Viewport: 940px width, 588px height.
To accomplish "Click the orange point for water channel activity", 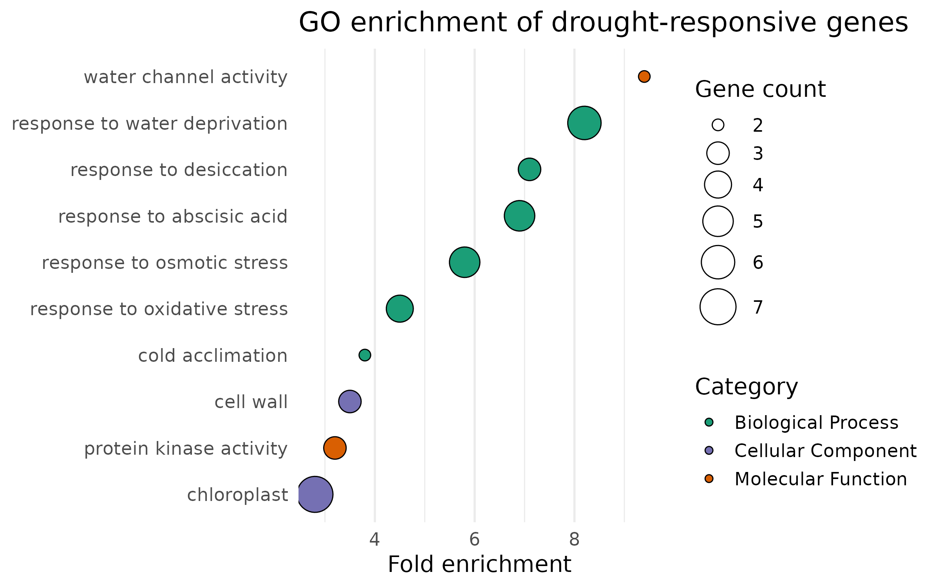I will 644,76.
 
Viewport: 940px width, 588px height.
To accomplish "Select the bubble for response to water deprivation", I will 584,123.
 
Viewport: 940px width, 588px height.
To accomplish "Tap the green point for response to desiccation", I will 529,169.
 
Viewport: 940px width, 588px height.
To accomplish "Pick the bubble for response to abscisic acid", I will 519,216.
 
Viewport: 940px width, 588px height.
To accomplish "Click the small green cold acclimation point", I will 365,355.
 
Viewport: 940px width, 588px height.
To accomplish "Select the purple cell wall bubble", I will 350,401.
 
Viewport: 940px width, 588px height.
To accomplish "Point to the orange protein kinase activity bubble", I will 335,448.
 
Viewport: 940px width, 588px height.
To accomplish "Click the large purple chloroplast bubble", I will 315,494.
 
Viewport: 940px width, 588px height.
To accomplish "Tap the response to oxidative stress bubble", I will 399,309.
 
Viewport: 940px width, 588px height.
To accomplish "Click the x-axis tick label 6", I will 474,540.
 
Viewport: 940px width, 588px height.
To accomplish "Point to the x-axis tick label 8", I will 574,540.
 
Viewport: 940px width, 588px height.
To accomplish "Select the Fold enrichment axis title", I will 479,564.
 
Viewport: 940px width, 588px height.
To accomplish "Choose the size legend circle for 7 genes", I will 718,307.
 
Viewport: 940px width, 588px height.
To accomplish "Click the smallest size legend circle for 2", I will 718,125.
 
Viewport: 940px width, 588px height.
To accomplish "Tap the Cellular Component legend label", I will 825,451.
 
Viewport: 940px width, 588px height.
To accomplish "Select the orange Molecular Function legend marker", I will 709,478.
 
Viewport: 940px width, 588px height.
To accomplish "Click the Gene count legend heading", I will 760,89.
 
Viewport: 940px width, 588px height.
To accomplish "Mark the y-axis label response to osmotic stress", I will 164,263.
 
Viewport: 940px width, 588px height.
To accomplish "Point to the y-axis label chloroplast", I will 237,495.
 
